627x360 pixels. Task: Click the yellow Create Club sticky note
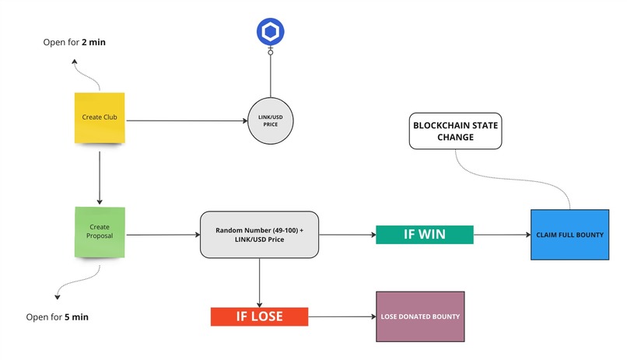(x=100, y=118)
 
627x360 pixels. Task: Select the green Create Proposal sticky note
(x=100, y=232)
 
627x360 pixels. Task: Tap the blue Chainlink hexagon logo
(x=271, y=32)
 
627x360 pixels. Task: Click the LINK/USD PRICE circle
(x=271, y=121)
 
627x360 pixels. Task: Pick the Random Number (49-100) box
(x=259, y=234)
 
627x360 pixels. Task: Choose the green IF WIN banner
(x=424, y=234)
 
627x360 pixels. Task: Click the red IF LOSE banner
(x=259, y=316)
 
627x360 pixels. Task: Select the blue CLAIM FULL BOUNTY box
(x=569, y=235)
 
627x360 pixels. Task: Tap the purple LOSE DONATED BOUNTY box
(x=420, y=316)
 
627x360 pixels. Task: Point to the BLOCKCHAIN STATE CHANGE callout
(x=455, y=131)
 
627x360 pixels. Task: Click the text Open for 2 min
(x=74, y=41)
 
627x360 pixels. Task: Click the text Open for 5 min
(x=74, y=317)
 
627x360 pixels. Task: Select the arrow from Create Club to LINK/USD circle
(x=187, y=121)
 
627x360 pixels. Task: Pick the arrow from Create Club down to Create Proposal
(x=100, y=174)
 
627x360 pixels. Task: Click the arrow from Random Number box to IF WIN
(x=347, y=234)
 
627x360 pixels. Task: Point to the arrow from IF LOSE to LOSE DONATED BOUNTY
(x=342, y=316)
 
